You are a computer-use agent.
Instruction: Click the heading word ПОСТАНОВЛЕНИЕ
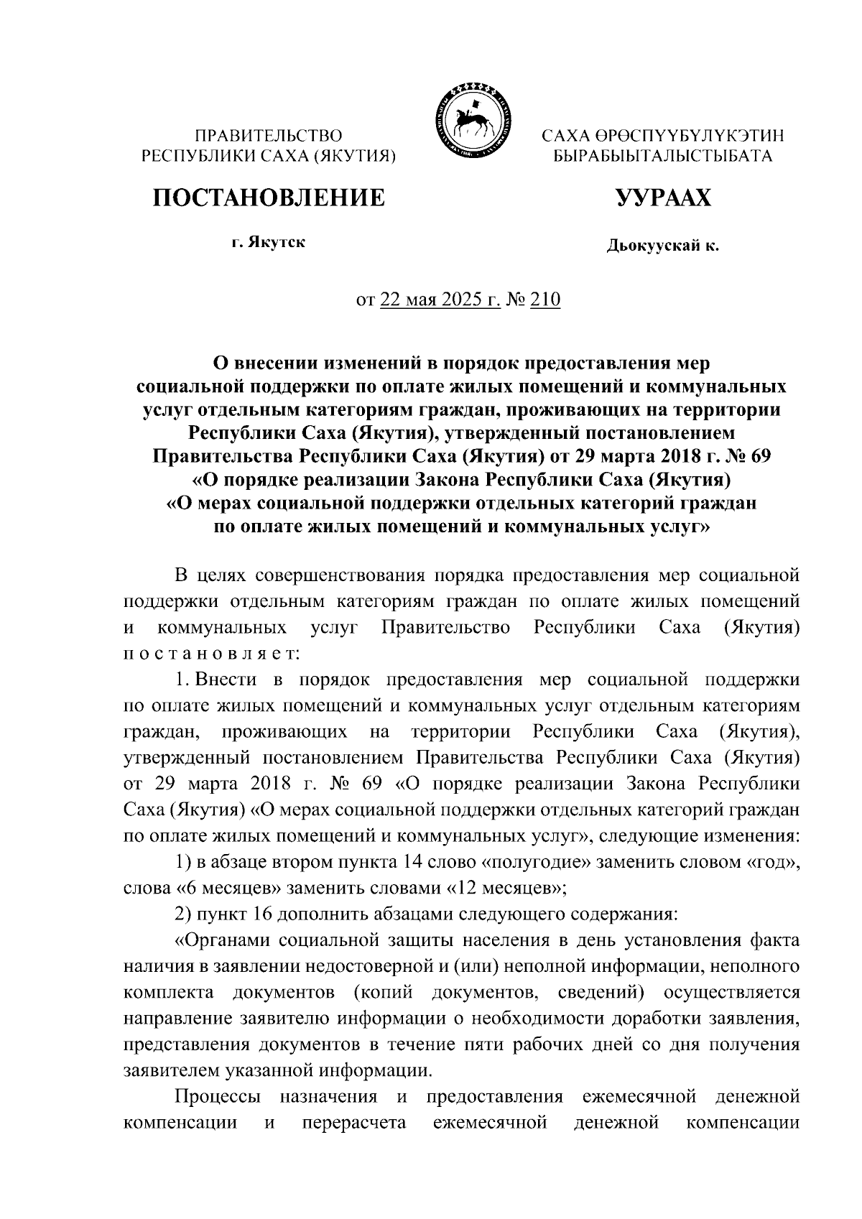(267, 197)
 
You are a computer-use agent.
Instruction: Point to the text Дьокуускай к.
(662, 246)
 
